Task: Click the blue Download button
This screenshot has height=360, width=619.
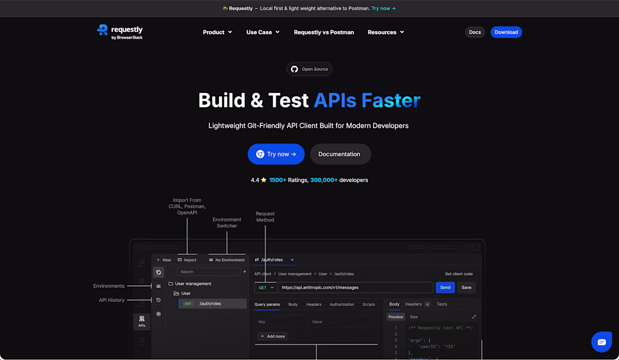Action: point(506,33)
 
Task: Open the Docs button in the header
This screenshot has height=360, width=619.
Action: point(475,33)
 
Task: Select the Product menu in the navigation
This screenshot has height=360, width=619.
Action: point(218,33)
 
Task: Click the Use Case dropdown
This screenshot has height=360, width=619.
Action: point(263,33)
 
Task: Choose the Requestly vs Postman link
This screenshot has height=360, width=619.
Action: point(324,33)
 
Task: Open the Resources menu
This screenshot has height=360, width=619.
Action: point(385,33)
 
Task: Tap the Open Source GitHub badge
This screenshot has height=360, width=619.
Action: point(309,69)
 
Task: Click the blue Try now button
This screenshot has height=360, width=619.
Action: point(276,154)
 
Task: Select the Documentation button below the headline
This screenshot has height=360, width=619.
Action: point(340,154)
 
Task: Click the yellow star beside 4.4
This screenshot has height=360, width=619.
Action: point(264,180)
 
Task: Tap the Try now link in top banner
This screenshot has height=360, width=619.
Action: point(383,8)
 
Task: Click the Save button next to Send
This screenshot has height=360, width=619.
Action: point(467,287)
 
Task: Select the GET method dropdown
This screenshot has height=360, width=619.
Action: point(266,287)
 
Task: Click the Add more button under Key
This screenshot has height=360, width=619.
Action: point(273,336)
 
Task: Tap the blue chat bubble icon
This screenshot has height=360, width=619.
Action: point(602,342)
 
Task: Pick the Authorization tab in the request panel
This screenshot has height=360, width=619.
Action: point(342,304)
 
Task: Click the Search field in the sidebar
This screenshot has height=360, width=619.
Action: point(208,272)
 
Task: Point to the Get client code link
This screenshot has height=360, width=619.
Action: point(459,274)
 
